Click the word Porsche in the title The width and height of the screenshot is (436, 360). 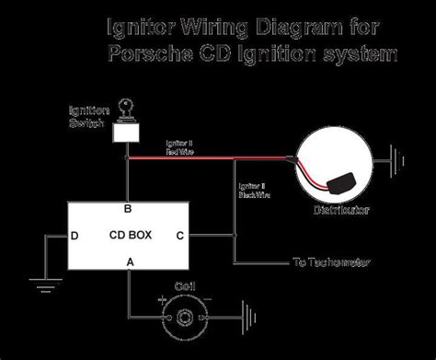[x=148, y=55]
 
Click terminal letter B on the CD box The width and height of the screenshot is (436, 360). [x=128, y=208]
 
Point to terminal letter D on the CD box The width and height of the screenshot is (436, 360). [x=75, y=236]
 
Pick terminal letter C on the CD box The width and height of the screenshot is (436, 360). [x=180, y=236]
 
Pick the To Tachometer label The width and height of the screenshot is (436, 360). [x=332, y=262]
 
